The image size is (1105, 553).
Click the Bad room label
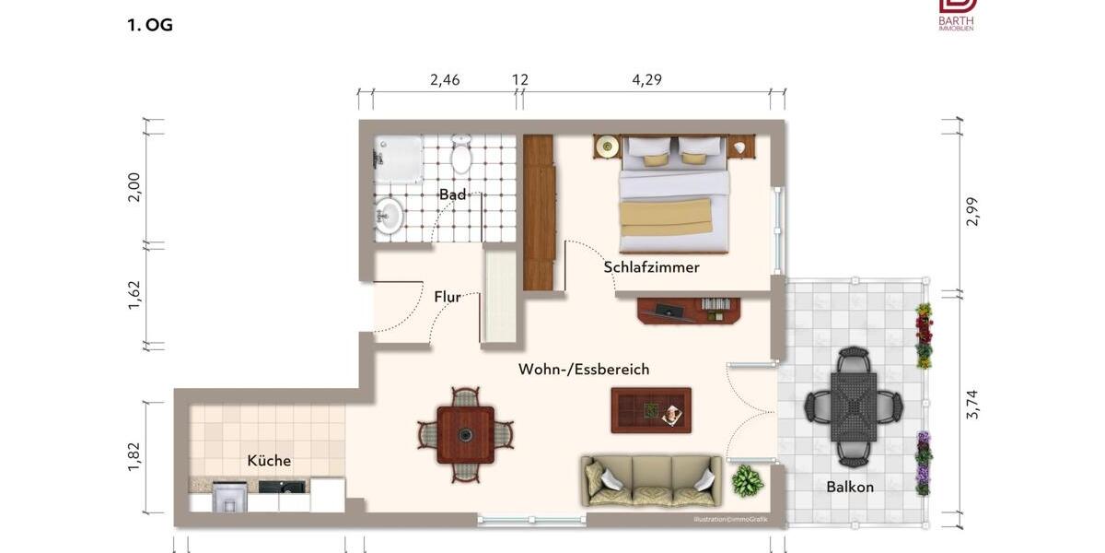coord(452,194)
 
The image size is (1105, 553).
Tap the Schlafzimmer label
coord(651,267)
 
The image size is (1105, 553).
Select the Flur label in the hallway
coord(448,297)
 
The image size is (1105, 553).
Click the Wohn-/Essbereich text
coord(584,370)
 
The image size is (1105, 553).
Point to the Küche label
coord(269,461)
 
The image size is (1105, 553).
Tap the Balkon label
coord(849,487)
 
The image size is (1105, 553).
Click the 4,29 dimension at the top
coord(646,80)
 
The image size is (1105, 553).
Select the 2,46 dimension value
coord(445,80)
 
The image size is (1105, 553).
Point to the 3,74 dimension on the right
coord(972,404)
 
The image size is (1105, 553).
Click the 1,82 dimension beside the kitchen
coord(134,457)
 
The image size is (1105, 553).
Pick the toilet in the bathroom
coord(461,155)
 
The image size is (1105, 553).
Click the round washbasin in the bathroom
coord(389,217)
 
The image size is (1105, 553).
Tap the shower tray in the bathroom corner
coord(398,159)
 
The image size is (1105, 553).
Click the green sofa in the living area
coord(652,480)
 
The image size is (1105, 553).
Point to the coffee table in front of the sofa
coord(651,410)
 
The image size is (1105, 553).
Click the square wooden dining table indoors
coord(465,434)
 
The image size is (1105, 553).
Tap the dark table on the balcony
coord(854,406)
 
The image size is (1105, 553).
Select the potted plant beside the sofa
coord(748,481)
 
